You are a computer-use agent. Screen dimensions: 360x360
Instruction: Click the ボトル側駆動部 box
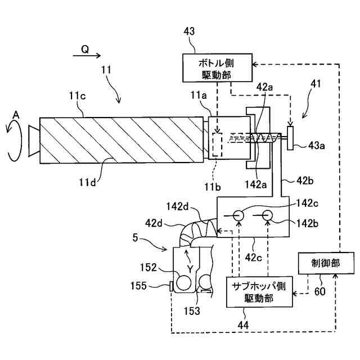[x=217, y=67]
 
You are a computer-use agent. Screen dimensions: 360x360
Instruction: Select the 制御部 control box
[x=326, y=263]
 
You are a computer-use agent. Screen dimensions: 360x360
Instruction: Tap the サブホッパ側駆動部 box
[x=259, y=291]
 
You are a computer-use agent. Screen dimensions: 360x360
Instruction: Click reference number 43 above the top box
[x=189, y=31]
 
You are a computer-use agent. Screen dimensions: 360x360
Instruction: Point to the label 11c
[x=78, y=96]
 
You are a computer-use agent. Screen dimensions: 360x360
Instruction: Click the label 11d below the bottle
[x=88, y=182]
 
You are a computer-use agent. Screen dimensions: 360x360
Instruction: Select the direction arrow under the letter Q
[x=87, y=55]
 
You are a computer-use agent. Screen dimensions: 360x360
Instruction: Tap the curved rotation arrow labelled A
[x=14, y=139]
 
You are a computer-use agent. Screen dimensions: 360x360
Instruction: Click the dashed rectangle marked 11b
[x=217, y=145]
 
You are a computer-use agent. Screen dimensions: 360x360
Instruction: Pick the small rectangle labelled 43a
[x=290, y=138]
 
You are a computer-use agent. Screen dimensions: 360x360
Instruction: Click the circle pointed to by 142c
[x=238, y=215]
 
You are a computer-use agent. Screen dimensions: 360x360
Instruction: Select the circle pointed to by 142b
[x=267, y=215]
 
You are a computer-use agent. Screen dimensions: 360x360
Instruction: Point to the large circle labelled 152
[x=184, y=282]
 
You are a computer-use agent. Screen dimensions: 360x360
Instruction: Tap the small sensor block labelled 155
[x=171, y=286]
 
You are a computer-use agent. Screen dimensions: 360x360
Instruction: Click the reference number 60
[x=320, y=291]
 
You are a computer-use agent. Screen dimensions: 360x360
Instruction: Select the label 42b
[x=305, y=181]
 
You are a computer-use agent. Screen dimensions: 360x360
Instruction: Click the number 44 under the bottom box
[x=243, y=325]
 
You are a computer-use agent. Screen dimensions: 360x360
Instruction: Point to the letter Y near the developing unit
[x=190, y=269]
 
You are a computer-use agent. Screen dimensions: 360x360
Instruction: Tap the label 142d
[x=177, y=206]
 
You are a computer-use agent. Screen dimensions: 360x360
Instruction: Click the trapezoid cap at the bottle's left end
[x=34, y=141]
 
